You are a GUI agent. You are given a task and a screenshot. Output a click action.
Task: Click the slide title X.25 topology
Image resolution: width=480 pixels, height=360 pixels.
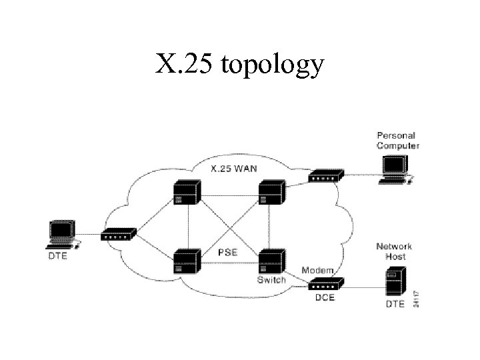pos(240,65)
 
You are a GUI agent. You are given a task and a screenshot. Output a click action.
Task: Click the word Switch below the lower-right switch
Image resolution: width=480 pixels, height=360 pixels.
pos(271,279)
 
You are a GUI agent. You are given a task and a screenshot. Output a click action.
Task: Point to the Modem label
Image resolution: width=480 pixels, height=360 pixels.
pos(318,270)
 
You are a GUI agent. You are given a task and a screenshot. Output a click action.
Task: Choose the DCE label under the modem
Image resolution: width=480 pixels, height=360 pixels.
pos(325,298)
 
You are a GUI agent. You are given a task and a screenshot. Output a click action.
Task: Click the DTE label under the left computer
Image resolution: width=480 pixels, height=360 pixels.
pos(57,256)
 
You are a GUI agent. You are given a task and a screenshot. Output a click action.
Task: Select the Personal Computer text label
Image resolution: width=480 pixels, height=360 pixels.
pos(397,141)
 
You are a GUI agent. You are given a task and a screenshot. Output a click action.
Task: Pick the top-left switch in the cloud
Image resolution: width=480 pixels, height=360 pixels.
pos(186,193)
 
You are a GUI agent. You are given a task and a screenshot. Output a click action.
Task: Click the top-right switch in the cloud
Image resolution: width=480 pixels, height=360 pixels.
pos(271,192)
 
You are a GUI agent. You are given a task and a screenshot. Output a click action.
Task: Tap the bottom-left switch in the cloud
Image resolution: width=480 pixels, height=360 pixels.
pos(186,260)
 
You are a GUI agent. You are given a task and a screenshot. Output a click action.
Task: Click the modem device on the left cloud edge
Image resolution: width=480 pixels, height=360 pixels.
pos(119,234)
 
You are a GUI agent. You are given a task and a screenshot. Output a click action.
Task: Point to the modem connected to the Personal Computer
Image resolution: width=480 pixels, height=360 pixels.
pos(326,176)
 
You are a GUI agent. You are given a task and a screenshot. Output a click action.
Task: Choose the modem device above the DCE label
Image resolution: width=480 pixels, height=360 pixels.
pos(326,284)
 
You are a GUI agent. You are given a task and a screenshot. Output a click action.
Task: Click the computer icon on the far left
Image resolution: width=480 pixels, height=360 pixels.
pos(63,234)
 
